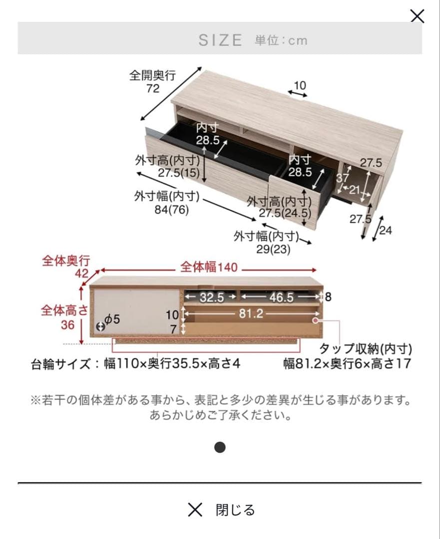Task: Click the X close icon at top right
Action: coord(417,16)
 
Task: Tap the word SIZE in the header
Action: coord(220,40)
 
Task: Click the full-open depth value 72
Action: coord(153,88)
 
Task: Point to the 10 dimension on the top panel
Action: coord(300,85)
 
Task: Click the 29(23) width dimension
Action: coord(273,250)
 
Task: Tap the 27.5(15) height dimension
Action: coord(179,173)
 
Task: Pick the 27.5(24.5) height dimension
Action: coord(285,214)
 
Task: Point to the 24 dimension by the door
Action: coord(386,230)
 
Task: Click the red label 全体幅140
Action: coord(209,268)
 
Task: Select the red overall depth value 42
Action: coord(81,273)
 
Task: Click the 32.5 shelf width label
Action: coord(212,297)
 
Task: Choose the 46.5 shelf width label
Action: coord(282,297)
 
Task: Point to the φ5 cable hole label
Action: coord(112,319)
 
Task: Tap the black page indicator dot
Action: coord(220,447)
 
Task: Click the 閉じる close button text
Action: coord(235,510)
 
